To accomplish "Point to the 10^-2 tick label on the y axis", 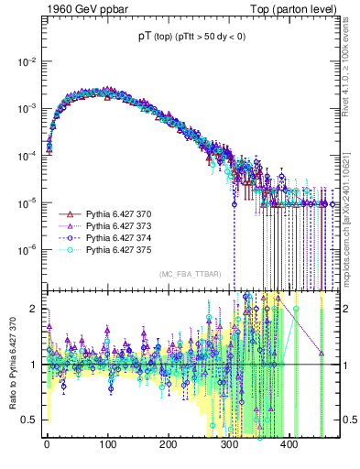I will pos(25,61).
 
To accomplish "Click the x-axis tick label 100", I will pos(107,444).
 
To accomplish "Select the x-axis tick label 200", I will pos(168,444).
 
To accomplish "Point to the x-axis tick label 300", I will pos(228,444).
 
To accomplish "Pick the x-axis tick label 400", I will pos(289,444).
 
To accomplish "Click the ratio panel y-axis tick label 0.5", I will pos(29,420).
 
